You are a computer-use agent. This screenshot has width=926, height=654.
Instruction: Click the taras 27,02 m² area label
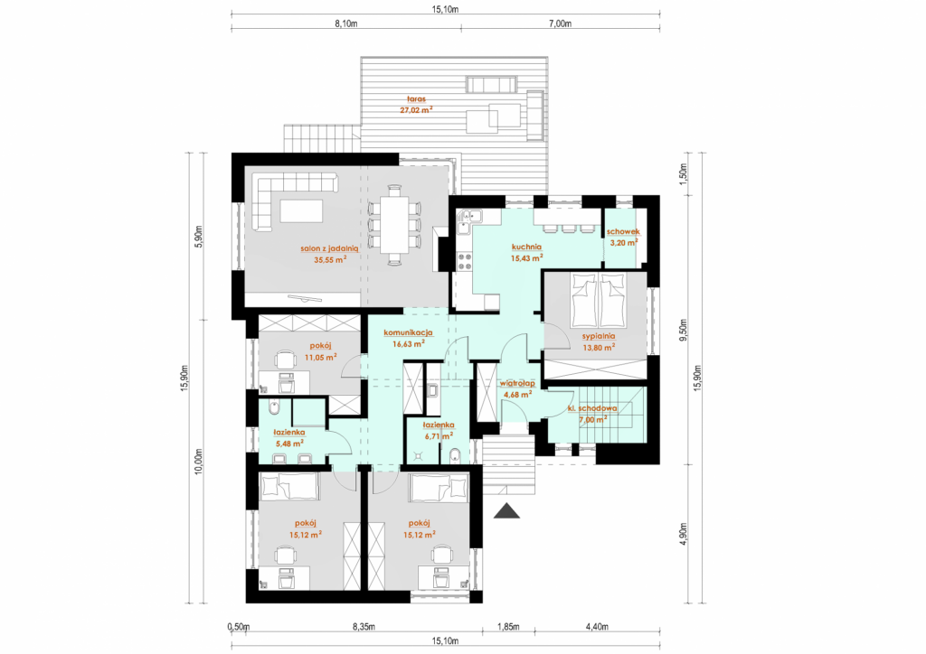(x=416, y=105)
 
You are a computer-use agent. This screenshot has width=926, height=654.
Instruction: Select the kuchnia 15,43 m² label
(x=527, y=252)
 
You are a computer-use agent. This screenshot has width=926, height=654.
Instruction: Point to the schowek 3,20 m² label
(x=623, y=237)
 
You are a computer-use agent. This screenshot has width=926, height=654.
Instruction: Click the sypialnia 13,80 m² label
(x=599, y=341)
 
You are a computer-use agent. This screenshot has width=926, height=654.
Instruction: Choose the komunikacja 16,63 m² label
(x=408, y=338)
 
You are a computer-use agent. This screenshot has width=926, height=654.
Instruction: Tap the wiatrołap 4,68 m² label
(x=517, y=388)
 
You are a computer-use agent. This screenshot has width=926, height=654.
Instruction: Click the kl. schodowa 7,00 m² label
(x=592, y=414)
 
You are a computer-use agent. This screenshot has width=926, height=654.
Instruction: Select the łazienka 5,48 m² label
(x=289, y=437)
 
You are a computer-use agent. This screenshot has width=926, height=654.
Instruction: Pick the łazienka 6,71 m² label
(x=439, y=430)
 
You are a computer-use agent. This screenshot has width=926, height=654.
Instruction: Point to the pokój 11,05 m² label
(x=320, y=350)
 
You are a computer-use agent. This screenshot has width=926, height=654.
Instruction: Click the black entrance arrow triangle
(x=506, y=510)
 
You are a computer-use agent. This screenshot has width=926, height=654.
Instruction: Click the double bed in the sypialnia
(x=598, y=300)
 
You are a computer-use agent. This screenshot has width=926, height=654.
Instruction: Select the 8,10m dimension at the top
(x=346, y=24)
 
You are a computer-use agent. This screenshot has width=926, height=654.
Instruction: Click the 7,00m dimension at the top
(x=560, y=24)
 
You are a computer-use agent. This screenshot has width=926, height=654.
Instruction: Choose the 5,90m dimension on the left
(x=199, y=237)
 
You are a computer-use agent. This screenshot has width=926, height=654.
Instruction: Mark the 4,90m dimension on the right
(x=684, y=534)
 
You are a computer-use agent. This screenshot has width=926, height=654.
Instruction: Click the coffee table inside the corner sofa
(x=302, y=210)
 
